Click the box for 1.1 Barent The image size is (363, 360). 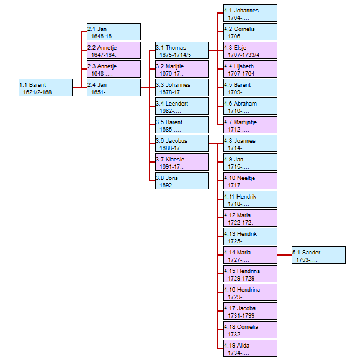click(45, 88)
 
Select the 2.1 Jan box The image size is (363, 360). click(114, 32)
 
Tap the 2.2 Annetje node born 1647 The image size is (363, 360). click(114, 50)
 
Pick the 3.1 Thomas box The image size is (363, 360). click(182, 50)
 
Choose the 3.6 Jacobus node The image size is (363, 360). click(182, 143)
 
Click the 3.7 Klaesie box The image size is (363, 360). click(182, 162)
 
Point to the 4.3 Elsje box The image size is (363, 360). click(250, 50)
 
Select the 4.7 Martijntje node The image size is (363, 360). click(250, 125)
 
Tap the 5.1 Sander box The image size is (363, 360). click(318, 255)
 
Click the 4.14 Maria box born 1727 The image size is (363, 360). click(250, 255)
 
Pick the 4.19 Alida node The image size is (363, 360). click(250, 348)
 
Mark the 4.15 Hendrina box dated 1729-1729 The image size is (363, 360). click(250, 274)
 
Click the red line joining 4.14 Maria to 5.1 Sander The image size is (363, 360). click(285, 255)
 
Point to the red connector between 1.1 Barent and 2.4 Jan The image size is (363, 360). click(79, 88)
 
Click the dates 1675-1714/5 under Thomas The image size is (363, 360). click(175, 55)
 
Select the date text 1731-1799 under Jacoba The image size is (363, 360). click(241, 316)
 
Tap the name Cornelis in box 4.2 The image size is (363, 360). click(244, 29)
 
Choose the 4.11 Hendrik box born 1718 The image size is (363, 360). click(250, 199)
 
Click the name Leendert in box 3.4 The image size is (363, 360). click(177, 104)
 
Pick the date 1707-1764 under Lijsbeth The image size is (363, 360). click(241, 74)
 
